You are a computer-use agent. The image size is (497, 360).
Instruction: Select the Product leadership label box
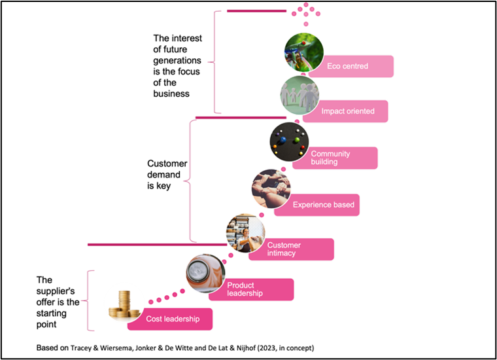[x=252, y=289]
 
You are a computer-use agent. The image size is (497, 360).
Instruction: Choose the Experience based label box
[x=318, y=205]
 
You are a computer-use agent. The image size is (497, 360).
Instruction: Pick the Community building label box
[x=335, y=158]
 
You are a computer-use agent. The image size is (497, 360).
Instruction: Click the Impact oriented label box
[x=346, y=111]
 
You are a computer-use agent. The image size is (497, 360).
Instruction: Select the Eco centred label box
[x=351, y=66]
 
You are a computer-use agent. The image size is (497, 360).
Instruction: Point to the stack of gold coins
[x=124, y=305]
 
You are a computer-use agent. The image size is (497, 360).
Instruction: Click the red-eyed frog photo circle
[x=304, y=52]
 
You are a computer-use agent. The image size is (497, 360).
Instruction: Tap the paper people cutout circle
[x=300, y=95]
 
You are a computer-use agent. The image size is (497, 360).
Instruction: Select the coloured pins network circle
[x=290, y=142]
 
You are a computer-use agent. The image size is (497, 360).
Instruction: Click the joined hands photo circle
[x=271, y=189]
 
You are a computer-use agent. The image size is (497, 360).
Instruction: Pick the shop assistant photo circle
[x=246, y=233]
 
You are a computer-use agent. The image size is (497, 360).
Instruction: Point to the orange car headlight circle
[x=206, y=274]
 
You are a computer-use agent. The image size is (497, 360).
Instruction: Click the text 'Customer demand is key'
[x=167, y=175]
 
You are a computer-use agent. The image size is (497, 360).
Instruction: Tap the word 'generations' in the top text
[x=177, y=60]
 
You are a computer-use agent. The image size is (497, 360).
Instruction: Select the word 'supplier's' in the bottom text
[x=56, y=291]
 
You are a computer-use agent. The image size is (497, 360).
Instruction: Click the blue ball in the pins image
[x=283, y=139]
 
